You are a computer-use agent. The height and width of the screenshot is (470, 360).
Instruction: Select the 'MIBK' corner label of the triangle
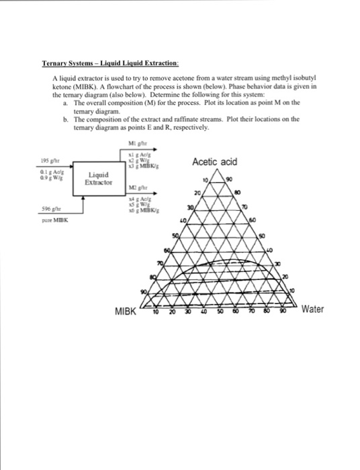(126, 312)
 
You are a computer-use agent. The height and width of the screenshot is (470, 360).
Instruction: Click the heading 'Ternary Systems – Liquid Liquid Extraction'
(109, 62)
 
